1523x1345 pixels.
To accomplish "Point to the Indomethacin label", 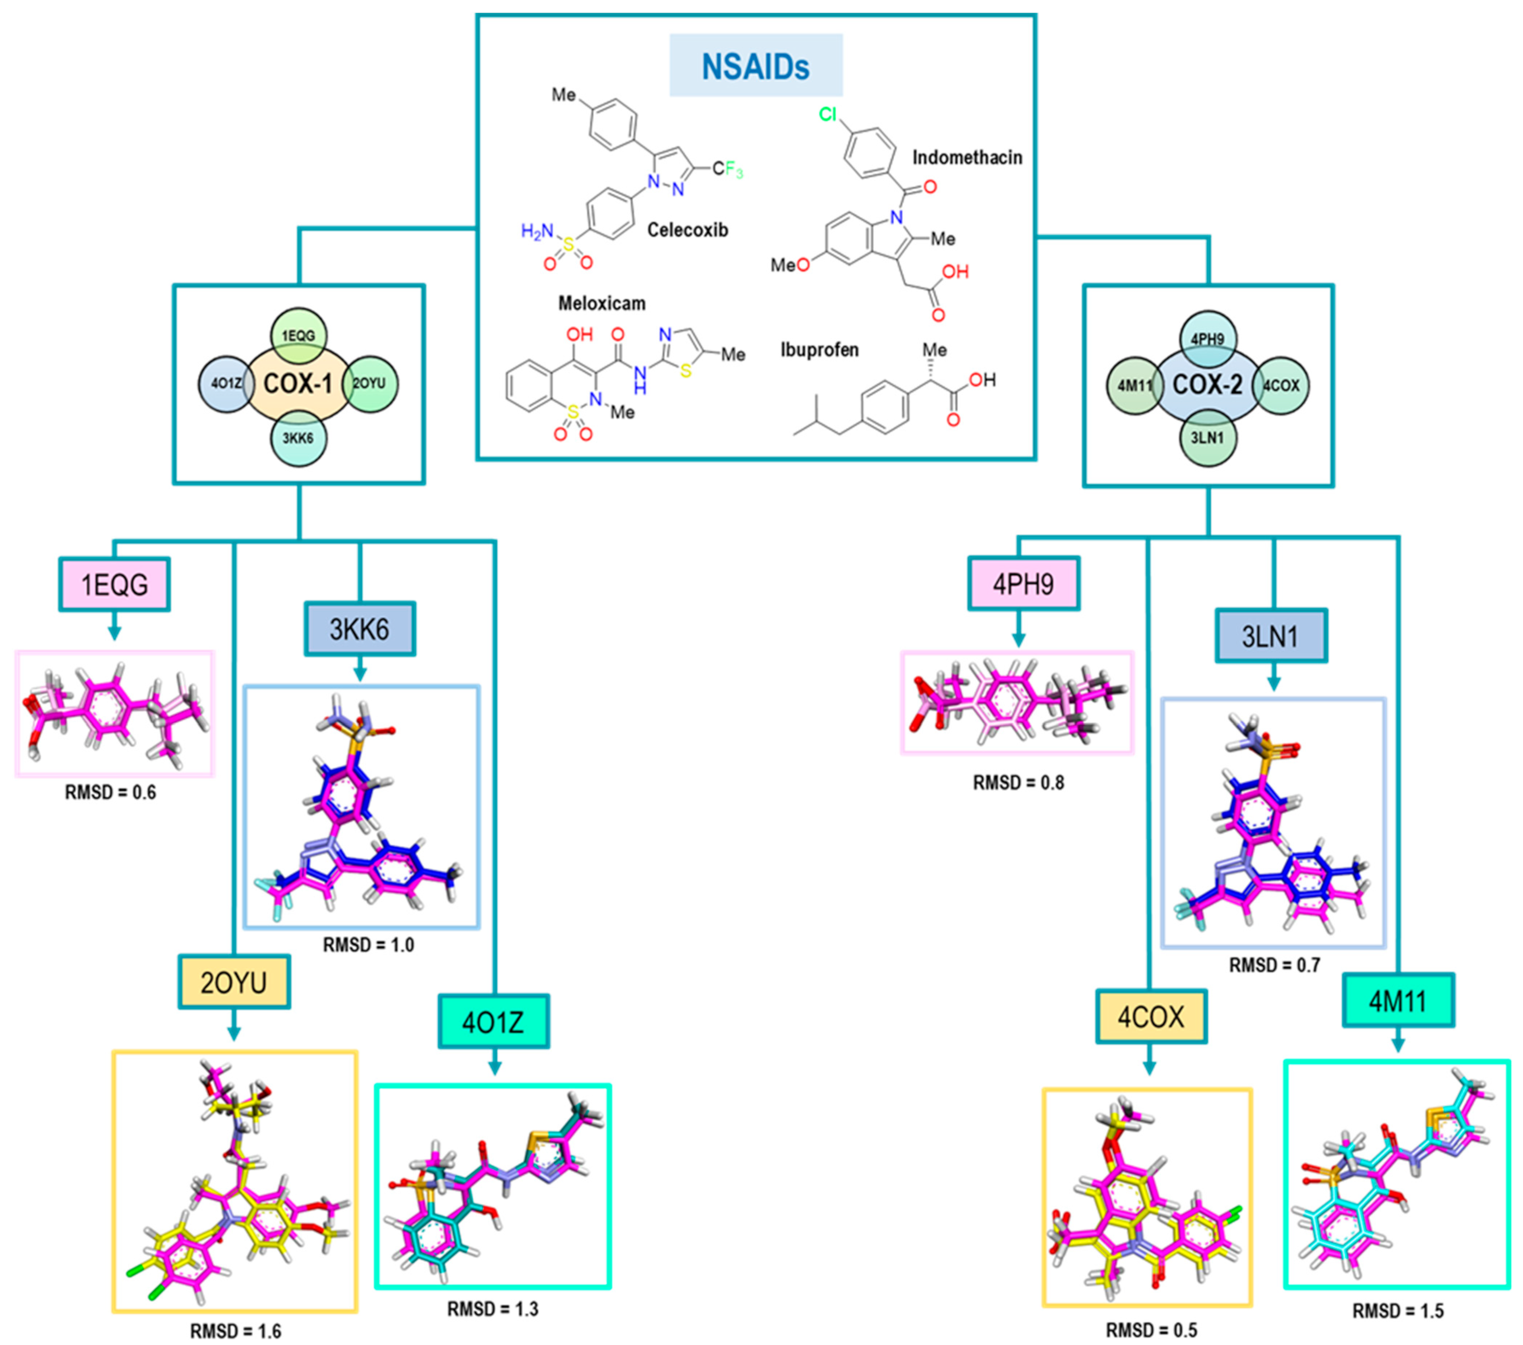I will (967, 157).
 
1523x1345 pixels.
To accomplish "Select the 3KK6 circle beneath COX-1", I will (298, 438).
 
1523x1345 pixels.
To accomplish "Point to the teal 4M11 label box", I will (1398, 1001).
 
